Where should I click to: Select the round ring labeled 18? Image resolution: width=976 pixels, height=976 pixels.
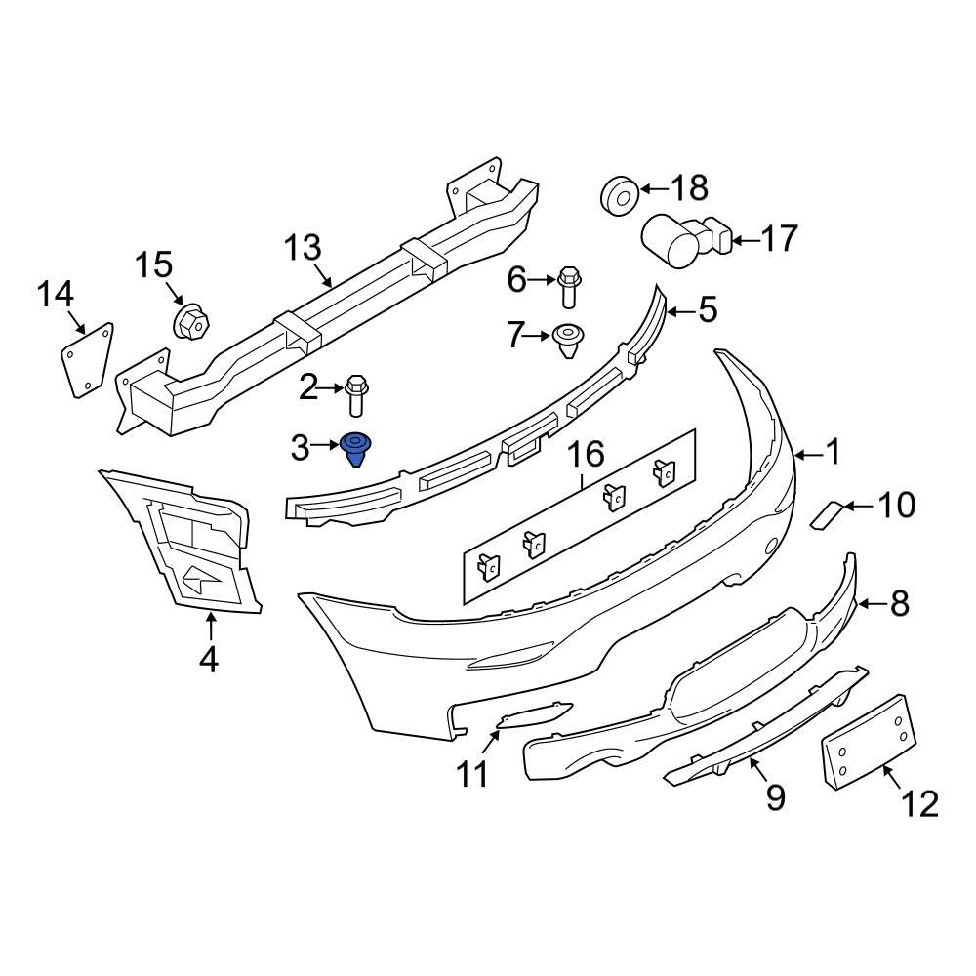click(x=618, y=193)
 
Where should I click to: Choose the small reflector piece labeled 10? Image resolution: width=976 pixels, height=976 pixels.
click(x=826, y=513)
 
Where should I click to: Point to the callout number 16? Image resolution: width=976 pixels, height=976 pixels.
click(x=587, y=454)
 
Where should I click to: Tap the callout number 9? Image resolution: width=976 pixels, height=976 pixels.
click(x=774, y=798)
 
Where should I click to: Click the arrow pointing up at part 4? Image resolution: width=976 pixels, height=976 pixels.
click(x=210, y=625)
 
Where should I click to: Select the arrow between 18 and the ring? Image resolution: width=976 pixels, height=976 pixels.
click(x=655, y=188)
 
